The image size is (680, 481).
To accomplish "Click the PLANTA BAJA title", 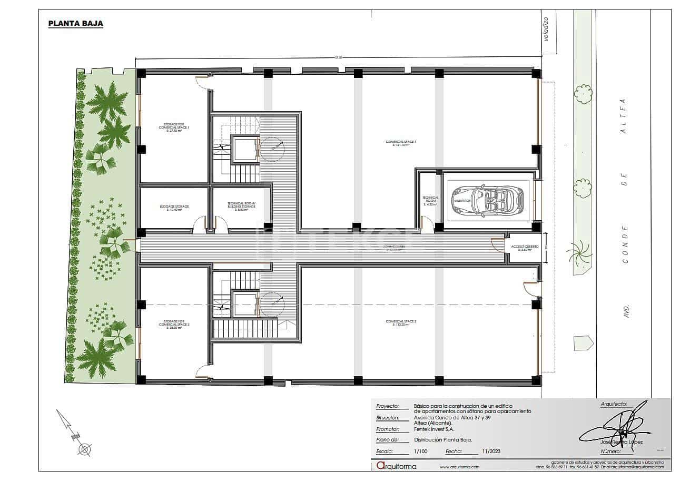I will (x=75, y=23).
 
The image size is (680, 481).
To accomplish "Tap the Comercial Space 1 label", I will (x=401, y=143).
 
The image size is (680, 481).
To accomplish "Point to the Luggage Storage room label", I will (x=174, y=208).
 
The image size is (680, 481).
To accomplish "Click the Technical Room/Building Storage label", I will (x=241, y=206).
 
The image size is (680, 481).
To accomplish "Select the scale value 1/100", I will (x=421, y=451).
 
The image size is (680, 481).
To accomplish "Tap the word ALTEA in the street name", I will (x=624, y=115).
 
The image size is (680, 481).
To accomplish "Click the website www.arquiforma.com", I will (x=459, y=467).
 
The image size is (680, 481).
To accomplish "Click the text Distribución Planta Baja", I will (x=443, y=439).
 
